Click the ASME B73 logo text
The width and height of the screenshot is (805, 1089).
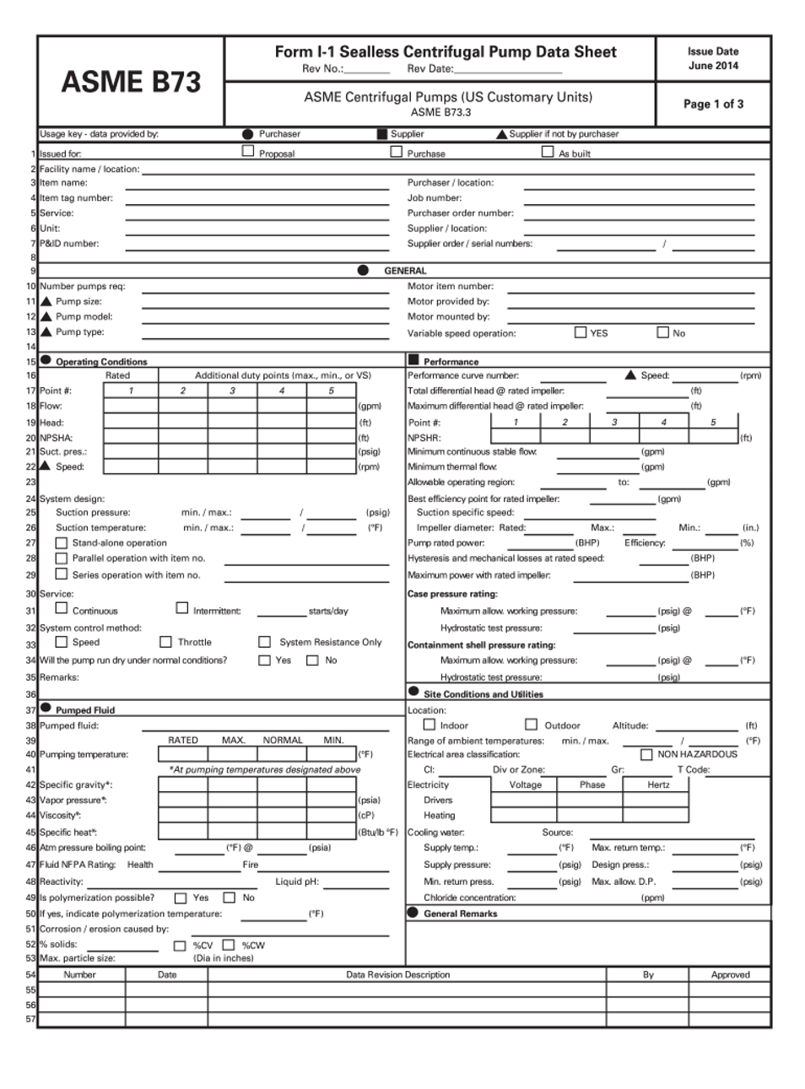(131, 82)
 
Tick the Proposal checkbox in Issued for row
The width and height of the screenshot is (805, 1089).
(248, 151)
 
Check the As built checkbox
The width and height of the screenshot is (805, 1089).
(548, 152)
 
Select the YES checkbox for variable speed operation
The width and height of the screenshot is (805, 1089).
(581, 332)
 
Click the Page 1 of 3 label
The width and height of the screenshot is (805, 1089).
(713, 104)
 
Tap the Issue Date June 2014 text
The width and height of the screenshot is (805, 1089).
(713, 58)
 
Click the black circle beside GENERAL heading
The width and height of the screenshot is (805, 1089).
(363, 270)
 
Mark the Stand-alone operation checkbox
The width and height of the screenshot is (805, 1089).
(62, 543)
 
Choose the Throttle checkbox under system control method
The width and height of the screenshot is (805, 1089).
(166, 642)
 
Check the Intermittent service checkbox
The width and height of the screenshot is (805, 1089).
(182, 608)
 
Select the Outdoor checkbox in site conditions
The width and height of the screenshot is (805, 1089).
(531, 725)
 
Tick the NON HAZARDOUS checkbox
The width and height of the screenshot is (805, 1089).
(646, 754)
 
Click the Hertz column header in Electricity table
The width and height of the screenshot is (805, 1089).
(658, 784)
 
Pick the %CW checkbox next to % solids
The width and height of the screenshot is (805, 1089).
(229, 945)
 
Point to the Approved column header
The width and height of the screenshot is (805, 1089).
(730, 974)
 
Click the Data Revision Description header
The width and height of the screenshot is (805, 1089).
(397, 974)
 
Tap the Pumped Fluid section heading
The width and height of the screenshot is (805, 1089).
(84, 710)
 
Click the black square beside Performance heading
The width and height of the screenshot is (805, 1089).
(413, 360)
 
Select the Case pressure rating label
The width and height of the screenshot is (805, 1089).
(452, 594)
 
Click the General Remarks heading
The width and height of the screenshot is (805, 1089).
(460, 914)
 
